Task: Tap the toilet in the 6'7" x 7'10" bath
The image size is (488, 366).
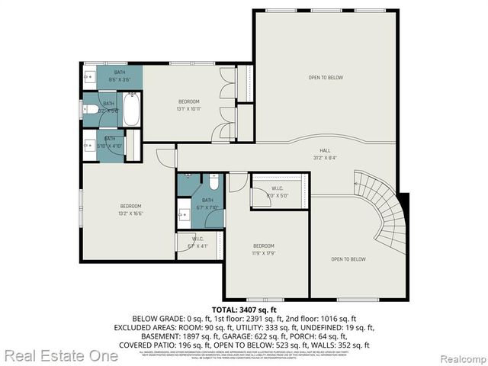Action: pos(214,183)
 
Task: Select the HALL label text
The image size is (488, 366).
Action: pos(324,151)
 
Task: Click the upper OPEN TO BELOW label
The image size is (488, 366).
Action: pos(324,77)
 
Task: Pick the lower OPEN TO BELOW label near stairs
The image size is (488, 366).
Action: pos(348,259)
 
